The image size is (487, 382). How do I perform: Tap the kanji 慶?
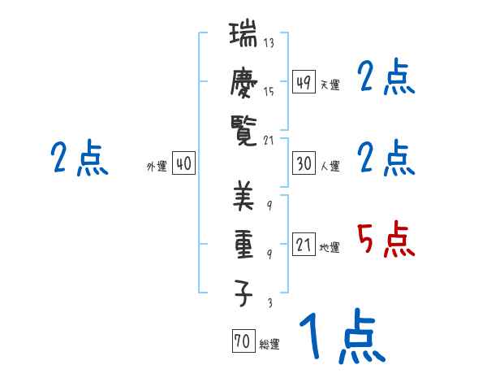pyautogui.click(x=243, y=82)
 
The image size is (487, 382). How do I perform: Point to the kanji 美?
pyautogui.click(x=243, y=196)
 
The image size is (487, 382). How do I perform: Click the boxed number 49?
pyautogui.click(x=304, y=82)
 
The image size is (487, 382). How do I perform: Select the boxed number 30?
pyautogui.click(x=304, y=164)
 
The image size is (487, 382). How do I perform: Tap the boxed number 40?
pyautogui.click(x=183, y=164)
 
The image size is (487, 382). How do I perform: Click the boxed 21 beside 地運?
pyautogui.click(x=304, y=245)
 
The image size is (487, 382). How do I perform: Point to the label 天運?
pyautogui.click(x=330, y=85)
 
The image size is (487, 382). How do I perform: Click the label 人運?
pyautogui.click(x=330, y=166)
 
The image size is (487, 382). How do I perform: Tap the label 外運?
pyautogui.click(x=157, y=166)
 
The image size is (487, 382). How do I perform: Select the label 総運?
pyautogui.click(x=269, y=345)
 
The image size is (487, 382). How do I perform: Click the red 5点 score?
pyautogui.click(x=386, y=241)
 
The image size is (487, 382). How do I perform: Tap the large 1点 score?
pyautogui.click(x=341, y=338)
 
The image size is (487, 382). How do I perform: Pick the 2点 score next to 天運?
pyautogui.click(x=386, y=79)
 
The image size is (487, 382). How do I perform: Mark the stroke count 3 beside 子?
pyautogui.click(x=269, y=303)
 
